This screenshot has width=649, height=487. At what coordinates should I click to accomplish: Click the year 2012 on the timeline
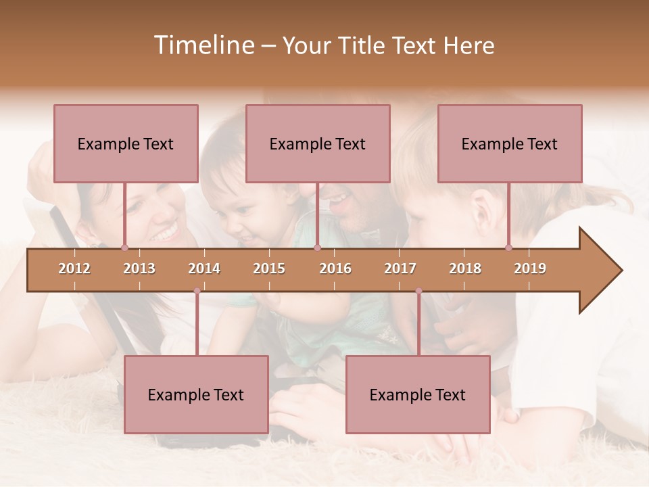74,269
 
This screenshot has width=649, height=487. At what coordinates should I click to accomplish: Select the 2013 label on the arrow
139,269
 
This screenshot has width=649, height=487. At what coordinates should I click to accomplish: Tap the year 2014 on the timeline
204,269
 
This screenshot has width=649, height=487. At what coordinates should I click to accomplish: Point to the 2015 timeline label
269,269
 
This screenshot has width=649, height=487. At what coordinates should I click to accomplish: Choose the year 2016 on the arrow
335,269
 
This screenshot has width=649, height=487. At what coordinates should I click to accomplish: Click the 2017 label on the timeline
400,269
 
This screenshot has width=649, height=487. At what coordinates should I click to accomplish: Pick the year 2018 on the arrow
465,269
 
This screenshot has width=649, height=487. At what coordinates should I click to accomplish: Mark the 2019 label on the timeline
530,269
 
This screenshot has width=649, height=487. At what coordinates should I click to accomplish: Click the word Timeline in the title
203,45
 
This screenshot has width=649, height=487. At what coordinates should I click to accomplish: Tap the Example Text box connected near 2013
126,143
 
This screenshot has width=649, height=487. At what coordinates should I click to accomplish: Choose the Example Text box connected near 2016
318,143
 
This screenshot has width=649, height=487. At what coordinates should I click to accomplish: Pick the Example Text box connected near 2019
510,143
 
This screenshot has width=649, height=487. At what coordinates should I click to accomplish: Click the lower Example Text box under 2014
196,394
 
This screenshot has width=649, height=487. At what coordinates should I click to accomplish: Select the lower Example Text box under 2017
418,394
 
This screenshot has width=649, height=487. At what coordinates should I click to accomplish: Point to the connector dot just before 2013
124,248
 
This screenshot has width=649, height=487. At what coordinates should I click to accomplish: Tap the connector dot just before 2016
317,248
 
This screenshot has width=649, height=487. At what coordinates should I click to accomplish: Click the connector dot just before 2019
509,248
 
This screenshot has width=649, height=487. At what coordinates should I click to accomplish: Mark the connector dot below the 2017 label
418,291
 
